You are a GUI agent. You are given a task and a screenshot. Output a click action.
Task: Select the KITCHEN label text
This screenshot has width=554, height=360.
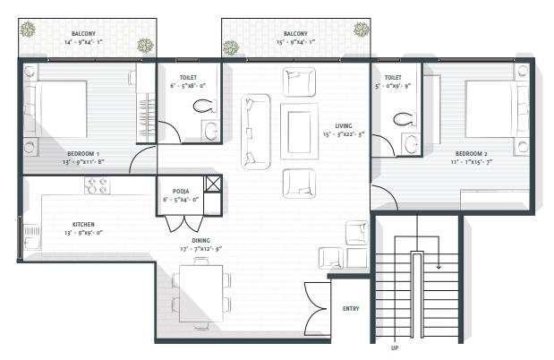pyautogui.click(x=84, y=224)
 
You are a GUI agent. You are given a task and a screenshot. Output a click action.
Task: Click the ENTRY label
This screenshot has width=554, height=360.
pyautogui.click(x=352, y=310)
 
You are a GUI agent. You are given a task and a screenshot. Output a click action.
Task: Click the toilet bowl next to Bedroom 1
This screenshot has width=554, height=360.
pyautogui.click(x=203, y=106)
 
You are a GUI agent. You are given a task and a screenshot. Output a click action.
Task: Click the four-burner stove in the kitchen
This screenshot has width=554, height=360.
pyautogui.click(x=97, y=186)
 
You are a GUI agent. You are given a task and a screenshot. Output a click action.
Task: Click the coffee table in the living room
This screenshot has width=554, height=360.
pyautogui.click(x=298, y=131)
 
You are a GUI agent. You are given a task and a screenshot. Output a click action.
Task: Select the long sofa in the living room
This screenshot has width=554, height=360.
pyautogui.click(x=255, y=130)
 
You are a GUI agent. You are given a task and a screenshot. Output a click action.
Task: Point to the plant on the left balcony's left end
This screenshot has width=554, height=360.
pyautogui.click(x=28, y=30)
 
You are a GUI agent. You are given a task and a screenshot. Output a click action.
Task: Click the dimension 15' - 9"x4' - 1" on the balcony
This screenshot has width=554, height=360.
pyautogui.click(x=295, y=42)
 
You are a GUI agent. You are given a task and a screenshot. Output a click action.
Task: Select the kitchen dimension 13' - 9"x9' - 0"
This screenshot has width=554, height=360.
pyautogui.click(x=85, y=233)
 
